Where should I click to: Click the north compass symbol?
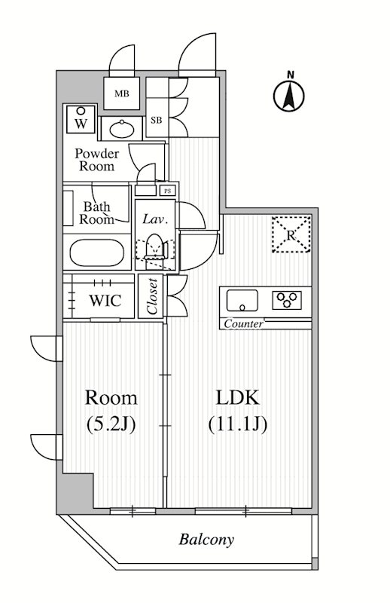click(x=289, y=93)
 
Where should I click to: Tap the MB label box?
click(x=120, y=94)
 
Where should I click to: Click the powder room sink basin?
click(x=117, y=128)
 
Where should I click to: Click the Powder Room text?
click(x=95, y=160)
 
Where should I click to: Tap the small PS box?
click(x=168, y=191)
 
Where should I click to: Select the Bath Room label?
click(x=97, y=213)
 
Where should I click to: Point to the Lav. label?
click(x=155, y=219)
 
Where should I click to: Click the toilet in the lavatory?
click(x=154, y=249)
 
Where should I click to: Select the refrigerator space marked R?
click(x=291, y=234)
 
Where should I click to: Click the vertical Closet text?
click(x=152, y=297)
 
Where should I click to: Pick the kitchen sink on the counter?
click(x=242, y=301)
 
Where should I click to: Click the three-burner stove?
click(x=287, y=301)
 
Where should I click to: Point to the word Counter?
click(x=243, y=324)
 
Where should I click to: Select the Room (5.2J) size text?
click(x=111, y=410)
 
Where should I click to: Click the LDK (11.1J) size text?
click(x=238, y=410)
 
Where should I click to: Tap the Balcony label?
click(x=206, y=540)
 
